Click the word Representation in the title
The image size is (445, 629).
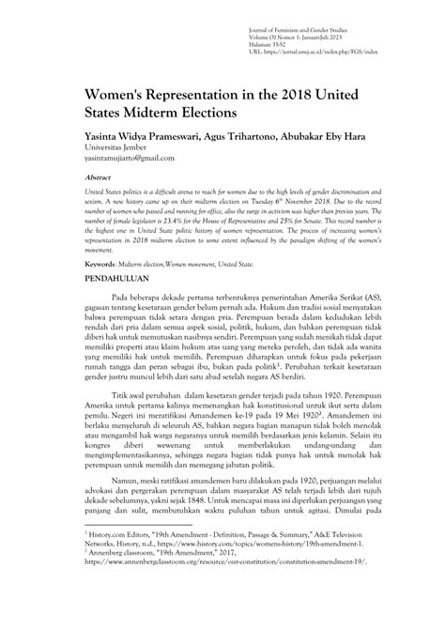[x=216, y=95]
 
